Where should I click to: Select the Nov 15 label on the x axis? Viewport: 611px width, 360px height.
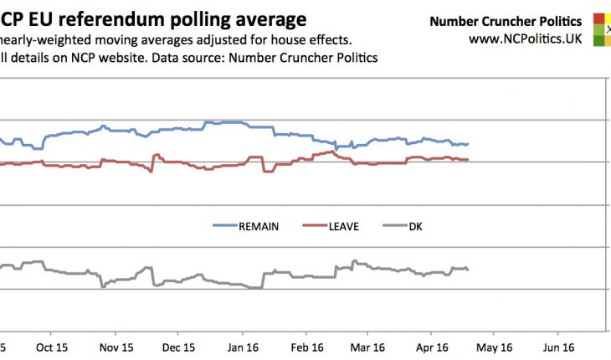click(116, 347)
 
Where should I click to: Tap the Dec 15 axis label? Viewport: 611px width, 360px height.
click(178, 347)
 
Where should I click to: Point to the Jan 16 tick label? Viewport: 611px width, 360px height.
click(243, 347)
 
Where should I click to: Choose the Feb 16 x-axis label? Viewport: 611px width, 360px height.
click(306, 347)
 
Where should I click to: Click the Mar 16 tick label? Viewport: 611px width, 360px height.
click(367, 347)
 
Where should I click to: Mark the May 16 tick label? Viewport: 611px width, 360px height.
click(495, 347)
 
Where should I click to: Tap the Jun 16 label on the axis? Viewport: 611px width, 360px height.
click(558, 347)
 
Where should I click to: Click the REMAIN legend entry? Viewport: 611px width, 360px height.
click(258, 226)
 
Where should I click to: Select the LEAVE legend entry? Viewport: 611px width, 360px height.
click(342, 226)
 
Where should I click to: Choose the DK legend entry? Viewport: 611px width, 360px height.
click(415, 226)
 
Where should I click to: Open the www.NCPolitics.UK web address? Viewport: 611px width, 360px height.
click(526, 38)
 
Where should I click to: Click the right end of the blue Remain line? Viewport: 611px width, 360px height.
click(468, 144)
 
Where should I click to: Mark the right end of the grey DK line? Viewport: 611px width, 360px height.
click(468, 270)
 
